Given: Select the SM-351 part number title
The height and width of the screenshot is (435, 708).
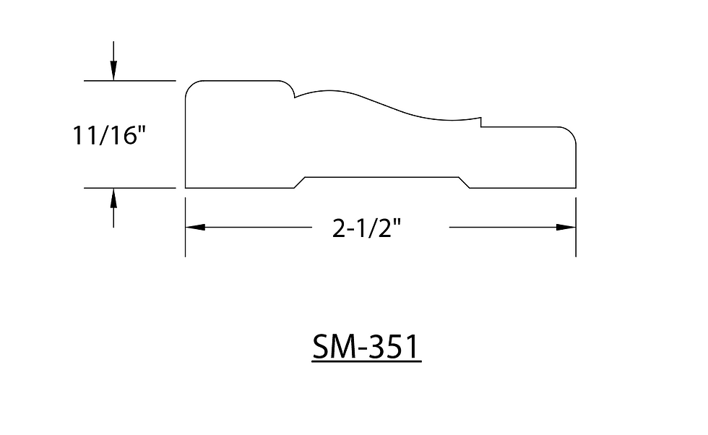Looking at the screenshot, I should pyautogui.click(x=366, y=348).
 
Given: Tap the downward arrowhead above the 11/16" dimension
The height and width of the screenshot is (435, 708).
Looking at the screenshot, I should pyautogui.click(x=113, y=72).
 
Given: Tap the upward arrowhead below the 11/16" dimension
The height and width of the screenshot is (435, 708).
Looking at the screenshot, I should pyautogui.click(x=113, y=197).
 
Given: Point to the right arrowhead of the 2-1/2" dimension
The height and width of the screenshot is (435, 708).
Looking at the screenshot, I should pyautogui.click(x=566, y=227).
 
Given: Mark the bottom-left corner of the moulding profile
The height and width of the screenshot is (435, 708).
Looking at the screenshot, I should pyautogui.click(x=186, y=188).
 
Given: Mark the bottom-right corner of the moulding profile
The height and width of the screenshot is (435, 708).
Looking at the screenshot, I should pyautogui.click(x=576, y=188).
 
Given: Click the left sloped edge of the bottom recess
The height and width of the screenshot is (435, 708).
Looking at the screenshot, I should pyautogui.click(x=299, y=182).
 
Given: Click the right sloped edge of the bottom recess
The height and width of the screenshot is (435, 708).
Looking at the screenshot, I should pyautogui.click(x=464, y=182).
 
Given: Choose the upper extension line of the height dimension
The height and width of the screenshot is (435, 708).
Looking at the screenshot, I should pyautogui.click(x=130, y=80).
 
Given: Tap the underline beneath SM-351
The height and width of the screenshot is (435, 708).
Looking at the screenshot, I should pyautogui.click(x=366, y=361).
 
